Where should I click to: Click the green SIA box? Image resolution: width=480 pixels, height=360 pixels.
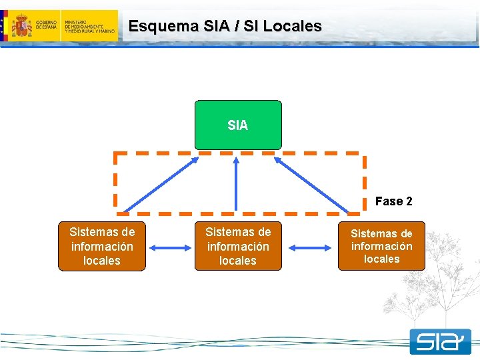click(238, 125)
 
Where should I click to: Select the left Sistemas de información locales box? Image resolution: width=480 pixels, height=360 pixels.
click(101, 246)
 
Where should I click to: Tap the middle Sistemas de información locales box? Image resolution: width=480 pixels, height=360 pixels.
click(238, 246)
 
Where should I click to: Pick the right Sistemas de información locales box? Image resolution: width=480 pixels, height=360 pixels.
click(381, 246)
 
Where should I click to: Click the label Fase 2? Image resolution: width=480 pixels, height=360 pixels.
click(393, 201)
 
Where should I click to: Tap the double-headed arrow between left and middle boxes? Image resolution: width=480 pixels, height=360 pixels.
click(170, 248)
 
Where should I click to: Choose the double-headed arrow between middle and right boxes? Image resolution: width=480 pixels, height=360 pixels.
click(310, 248)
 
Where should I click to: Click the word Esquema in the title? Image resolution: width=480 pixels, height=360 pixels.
click(154, 27)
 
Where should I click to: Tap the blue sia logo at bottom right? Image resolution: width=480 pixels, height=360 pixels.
click(440, 341)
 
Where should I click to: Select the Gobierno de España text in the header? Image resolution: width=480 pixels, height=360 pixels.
click(47, 26)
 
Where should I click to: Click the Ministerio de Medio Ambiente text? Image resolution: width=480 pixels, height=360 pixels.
click(89, 26)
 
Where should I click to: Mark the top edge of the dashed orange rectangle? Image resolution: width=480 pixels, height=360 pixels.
click(240, 153)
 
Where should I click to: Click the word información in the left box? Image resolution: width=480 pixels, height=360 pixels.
click(101, 246)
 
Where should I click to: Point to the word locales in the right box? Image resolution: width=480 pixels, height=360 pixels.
click(381, 259)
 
